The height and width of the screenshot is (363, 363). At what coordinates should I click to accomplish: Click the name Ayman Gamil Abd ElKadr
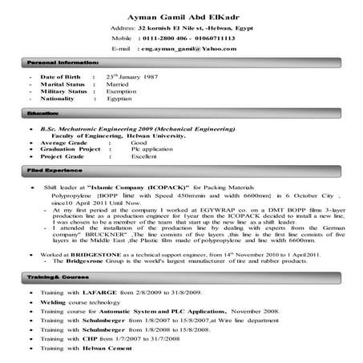point(181,17)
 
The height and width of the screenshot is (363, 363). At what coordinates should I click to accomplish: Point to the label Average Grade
point(64,142)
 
